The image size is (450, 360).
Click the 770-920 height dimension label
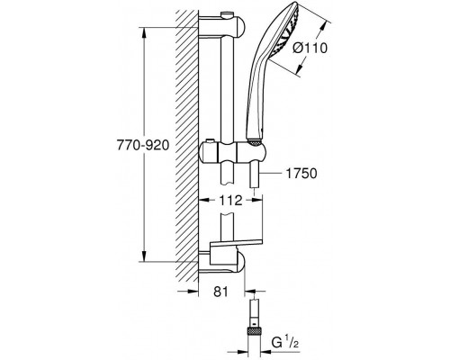pos(143,146)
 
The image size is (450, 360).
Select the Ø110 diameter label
pos(310,48)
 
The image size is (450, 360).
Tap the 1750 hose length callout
pos(301,174)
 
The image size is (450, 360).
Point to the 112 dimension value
pos(230,201)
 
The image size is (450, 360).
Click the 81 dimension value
pos(220,292)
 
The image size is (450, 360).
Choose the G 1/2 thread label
pos(285,343)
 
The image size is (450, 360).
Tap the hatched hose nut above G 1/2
pos(255,331)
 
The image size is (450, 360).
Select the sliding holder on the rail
pos(232,152)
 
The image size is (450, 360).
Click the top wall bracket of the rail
pos(222,26)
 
